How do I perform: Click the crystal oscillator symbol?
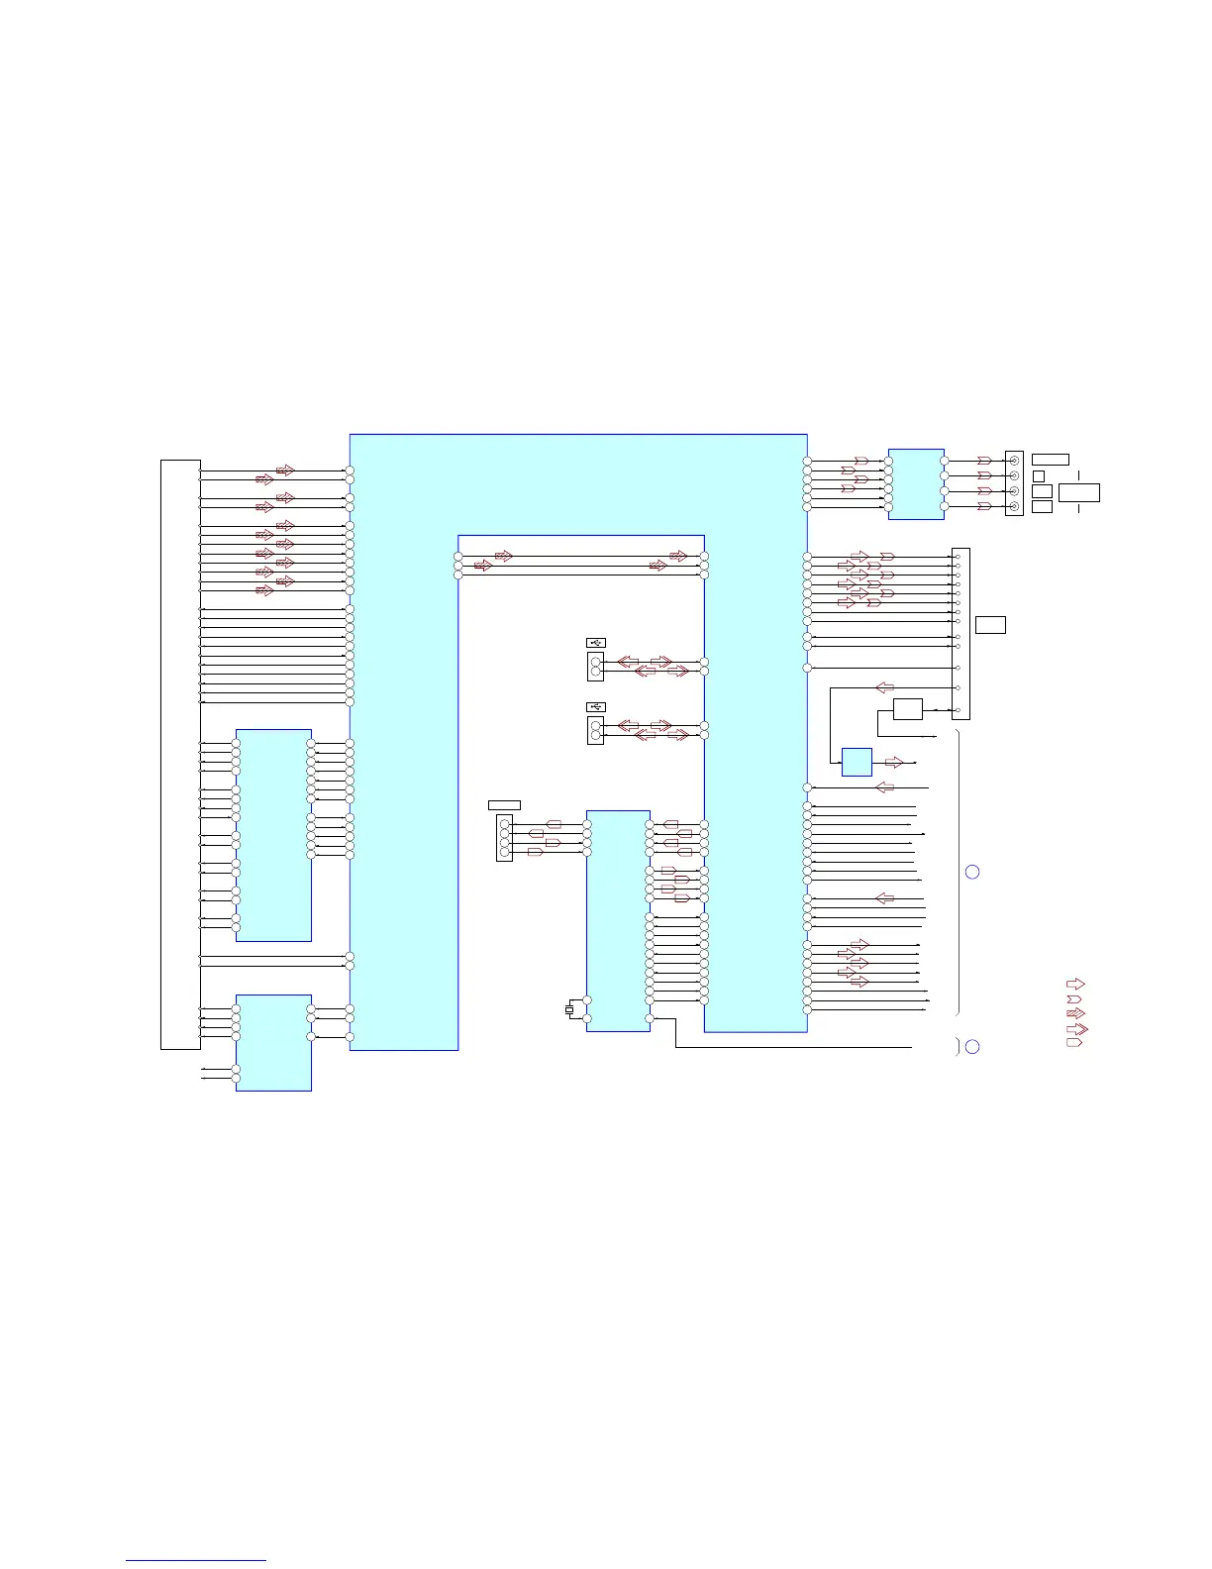click(x=569, y=1009)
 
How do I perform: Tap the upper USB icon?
click(x=595, y=643)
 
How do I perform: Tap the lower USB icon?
click(x=595, y=706)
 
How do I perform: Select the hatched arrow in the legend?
click(x=1074, y=1013)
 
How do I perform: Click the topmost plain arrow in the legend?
click(x=1074, y=984)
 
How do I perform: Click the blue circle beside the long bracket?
click(x=972, y=872)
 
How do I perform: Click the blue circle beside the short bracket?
click(x=972, y=1047)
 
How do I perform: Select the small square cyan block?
click(x=857, y=762)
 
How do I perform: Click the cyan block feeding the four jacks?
click(x=916, y=483)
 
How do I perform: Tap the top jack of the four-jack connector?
click(x=1013, y=461)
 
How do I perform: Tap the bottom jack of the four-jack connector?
click(x=1013, y=506)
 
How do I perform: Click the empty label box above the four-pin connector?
click(x=504, y=804)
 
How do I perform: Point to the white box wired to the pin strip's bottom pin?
click(x=907, y=709)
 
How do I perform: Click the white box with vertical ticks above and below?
click(x=1078, y=492)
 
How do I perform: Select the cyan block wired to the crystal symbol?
click(x=618, y=920)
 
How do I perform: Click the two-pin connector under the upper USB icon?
click(x=595, y=666)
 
